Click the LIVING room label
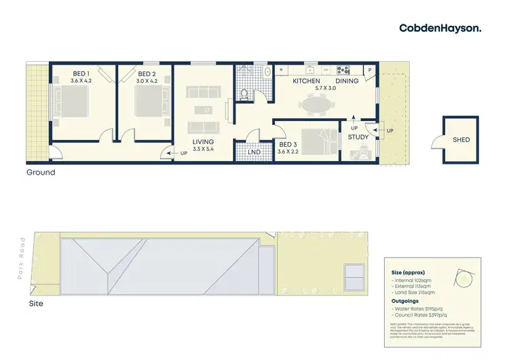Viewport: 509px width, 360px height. coord(204,142)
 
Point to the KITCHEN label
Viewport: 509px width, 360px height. coord(306,82)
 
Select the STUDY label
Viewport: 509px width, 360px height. coord(358,137)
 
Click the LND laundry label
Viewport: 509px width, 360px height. coord(255,151)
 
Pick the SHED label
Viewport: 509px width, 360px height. coord(461,140)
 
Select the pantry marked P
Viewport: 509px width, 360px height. coord(371,70)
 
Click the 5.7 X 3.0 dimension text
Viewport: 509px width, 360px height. coord(326,88)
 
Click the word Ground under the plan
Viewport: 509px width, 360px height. coord(41,173)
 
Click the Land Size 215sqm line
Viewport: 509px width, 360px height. coord(415,292)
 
